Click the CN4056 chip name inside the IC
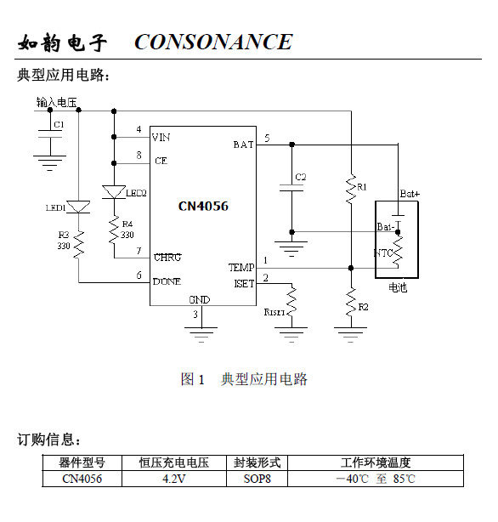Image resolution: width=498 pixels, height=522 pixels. [x=203, y=206]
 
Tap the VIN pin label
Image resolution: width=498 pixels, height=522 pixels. [x=161, y=137]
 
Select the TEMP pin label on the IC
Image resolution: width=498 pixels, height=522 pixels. [x=241, y=267]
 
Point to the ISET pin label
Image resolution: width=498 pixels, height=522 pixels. [x=244, y=284]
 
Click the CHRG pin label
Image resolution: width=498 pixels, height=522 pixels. [x=167, y=257]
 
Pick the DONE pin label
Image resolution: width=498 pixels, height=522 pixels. [x=167, y=281]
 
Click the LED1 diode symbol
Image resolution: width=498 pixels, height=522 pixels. [x=78, y=207]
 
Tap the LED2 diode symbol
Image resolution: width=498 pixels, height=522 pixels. [x=114, y=192]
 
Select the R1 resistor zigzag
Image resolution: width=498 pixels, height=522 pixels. [x=351, y=189]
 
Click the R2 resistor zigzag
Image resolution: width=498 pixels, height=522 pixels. [x=351, y=303]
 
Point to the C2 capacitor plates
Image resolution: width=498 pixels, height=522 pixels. [x=291, y=188]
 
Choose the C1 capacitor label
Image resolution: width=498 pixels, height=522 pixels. [x=59, y=124]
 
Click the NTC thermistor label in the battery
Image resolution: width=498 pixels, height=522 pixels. [x=382, y=253]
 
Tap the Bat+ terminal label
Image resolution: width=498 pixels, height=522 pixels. [x=410, y=194]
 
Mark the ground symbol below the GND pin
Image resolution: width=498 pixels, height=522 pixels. [x=201, y=335]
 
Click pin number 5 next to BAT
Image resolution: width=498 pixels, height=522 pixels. [x=267, y=139]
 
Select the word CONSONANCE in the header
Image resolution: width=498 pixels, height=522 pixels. [x=213, y=42]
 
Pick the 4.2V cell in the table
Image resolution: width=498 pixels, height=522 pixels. [x=173, y=479]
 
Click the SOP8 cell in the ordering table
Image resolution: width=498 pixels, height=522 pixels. [x=257, y=479]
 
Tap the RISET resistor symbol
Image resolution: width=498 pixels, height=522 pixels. [x=291, y=300]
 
